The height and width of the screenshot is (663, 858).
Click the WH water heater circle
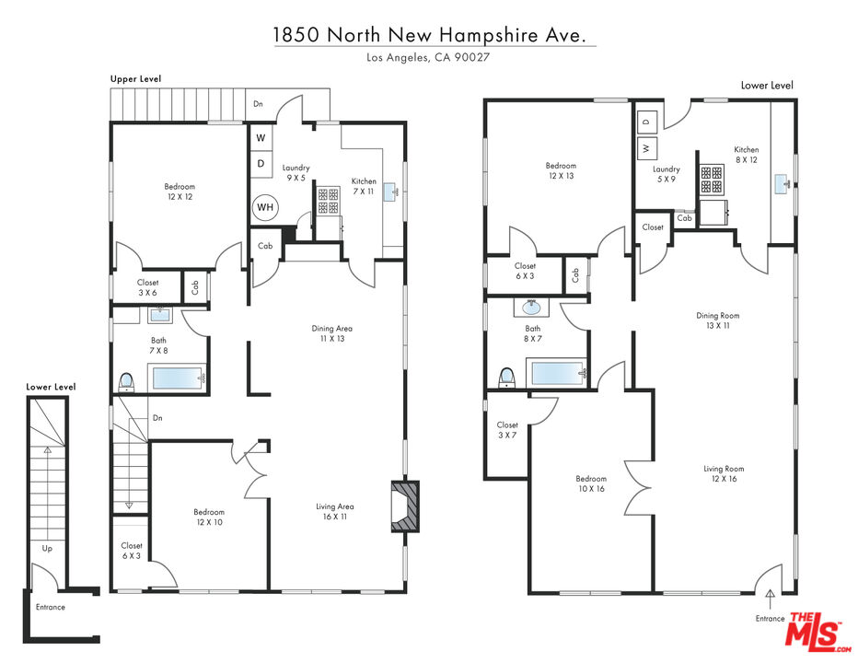click(265, 207)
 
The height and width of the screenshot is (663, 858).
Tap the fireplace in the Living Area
click(405, 506)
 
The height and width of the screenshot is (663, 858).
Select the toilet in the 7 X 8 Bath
click(126, 381)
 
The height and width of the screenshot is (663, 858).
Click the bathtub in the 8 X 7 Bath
click(556, 373)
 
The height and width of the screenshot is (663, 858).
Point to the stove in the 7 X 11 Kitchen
click(329, 201)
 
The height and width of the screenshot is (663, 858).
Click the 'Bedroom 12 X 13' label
click(561, 170)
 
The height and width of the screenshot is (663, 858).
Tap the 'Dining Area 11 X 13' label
click(332, 333)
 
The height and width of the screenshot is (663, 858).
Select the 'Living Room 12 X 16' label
click(724, 473)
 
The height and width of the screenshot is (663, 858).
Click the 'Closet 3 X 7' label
click(507, 430)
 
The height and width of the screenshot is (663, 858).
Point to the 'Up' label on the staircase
click(48, 549)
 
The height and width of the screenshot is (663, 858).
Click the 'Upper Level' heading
click(135, 79)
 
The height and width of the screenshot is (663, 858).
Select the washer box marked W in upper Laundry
click(261, 138)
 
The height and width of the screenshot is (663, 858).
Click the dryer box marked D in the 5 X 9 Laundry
click(647, 122)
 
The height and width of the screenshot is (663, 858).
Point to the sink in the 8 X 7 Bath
click(531, 308)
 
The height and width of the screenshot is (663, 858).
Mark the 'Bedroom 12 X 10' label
click(209, 517)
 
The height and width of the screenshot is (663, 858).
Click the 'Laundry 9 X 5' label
click(296, 172)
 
